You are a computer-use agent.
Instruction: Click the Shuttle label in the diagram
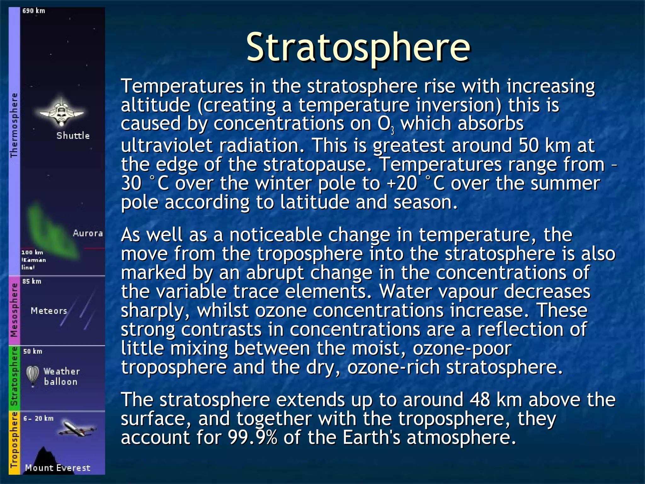[73, 136]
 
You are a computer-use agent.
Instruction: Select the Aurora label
[88, 233]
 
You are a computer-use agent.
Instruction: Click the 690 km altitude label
[34, 11]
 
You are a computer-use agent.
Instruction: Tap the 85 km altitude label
[32, 281]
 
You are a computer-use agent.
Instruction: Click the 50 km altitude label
[32, 351]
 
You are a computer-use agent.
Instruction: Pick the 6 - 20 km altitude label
[38, 418]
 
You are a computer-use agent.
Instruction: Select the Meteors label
[49, 311]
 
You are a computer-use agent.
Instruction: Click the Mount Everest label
[58, 468]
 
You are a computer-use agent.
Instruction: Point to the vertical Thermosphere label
[14, 125]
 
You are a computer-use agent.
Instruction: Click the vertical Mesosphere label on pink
[14, 310]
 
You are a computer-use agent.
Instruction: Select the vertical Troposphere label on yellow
[14, 440]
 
